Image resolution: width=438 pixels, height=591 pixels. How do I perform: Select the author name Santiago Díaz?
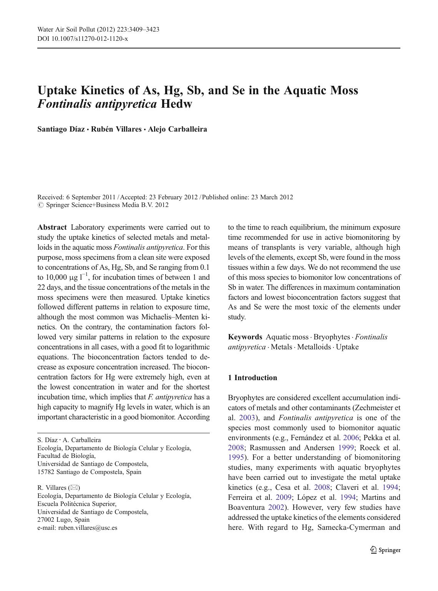click(61, 129)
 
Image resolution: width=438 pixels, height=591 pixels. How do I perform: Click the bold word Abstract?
click(52, 227)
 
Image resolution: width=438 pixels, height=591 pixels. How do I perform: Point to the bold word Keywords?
click(245, 337)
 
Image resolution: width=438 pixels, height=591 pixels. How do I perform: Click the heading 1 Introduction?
click(252, 377)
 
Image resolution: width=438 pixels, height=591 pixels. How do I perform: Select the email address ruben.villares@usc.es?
click(88, 528)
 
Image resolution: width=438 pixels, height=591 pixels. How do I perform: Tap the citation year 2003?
click(247, 418)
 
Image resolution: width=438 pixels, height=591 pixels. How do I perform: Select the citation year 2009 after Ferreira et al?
click(284, 498)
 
